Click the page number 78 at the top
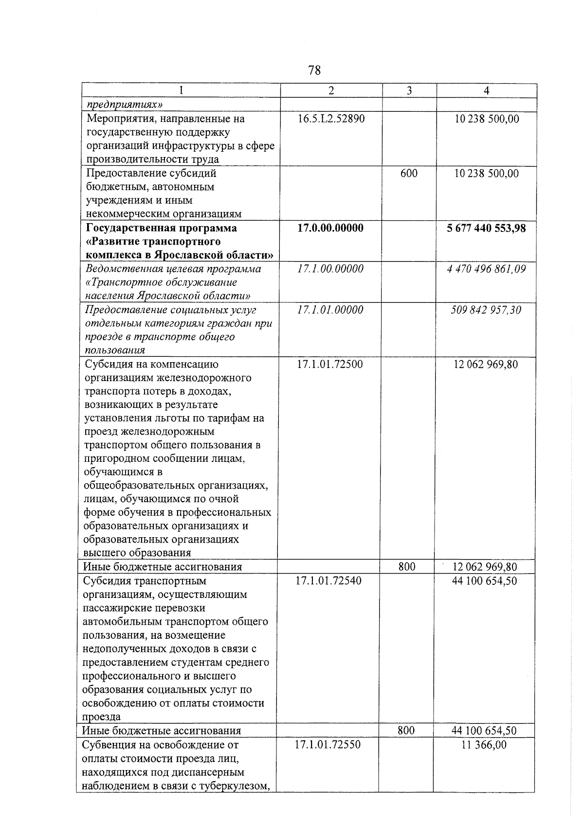click(314, 70)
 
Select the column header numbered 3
click(409, 90)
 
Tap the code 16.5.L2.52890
click(331, 119)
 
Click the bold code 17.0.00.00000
click(330, 228)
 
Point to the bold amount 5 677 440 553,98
click(486, 228)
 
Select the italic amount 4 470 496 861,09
click(486, 269)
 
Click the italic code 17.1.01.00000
click(330, 310)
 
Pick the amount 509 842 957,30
click(486, 310)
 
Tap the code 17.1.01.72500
click(329, 364)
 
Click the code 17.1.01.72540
click(328, 580)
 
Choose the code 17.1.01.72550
click(328, 744)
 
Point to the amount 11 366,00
click(484, 744)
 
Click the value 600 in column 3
click(409, 173)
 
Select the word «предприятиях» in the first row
click(124, 105)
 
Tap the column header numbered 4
click(486, 90)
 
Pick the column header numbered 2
click(331, 90)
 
